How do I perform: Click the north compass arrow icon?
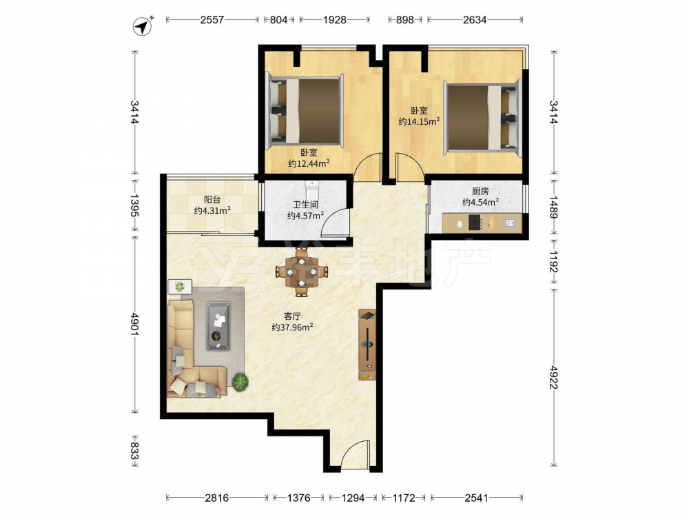142,26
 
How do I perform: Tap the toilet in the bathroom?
312,190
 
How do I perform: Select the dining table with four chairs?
302,272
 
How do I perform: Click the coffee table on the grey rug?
218,326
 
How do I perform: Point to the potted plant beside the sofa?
240,382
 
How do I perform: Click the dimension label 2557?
212,20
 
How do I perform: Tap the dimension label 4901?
134,324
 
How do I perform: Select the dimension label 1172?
404,498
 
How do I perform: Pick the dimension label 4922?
554,377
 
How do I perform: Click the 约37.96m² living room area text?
292,327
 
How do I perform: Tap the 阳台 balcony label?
212,200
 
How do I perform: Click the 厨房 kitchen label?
480,191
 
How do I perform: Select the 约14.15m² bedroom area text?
419,121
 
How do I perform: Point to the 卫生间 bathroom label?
305,205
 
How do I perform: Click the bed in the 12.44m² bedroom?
304,110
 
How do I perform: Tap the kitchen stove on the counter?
475,223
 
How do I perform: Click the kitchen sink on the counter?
509,223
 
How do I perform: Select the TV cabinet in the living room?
367,345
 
